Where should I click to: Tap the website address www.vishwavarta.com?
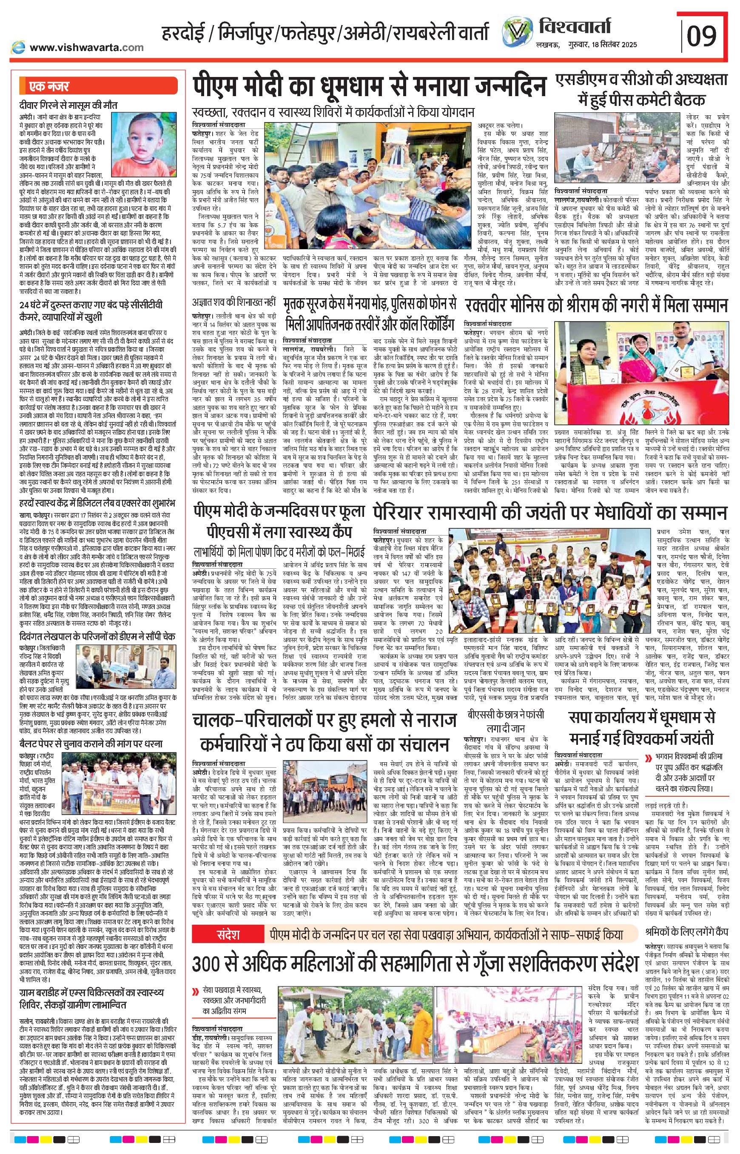[86, 47]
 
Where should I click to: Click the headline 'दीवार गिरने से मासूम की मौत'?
[68, 105]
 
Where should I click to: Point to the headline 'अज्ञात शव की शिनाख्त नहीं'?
[233, 302]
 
